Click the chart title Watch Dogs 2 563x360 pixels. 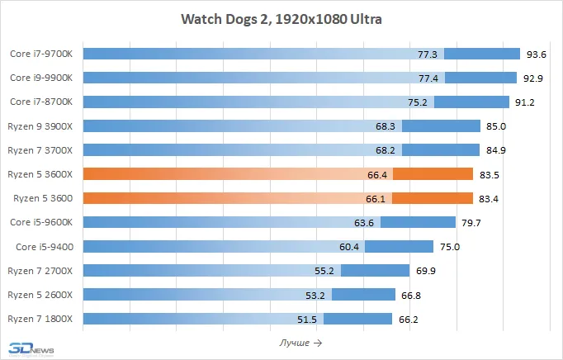point(281,18)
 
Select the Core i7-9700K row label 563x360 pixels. point(41,54)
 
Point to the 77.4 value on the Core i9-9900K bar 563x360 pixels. point(428,78)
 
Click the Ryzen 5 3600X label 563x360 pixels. point(40,174)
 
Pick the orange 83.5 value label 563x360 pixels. point(492,174)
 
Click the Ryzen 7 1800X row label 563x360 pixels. point(40,319)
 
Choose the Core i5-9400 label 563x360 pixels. point(45,246)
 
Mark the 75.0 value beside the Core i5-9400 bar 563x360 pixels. point(449,246)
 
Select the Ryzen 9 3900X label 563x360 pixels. point(40,126)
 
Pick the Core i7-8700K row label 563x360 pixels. point(41,102)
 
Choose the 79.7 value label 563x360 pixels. point(472,222)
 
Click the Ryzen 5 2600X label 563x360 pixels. point(40,295)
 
